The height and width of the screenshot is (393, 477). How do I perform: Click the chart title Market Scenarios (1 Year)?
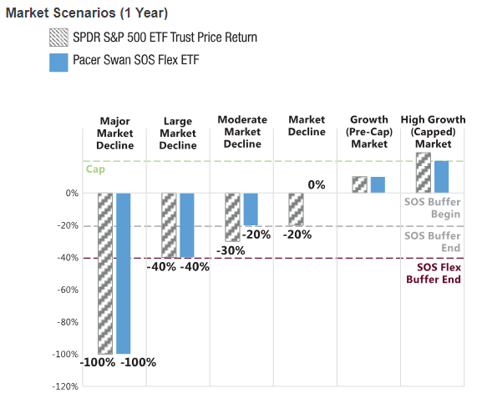87,13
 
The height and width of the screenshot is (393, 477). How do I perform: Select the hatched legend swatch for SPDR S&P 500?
58,38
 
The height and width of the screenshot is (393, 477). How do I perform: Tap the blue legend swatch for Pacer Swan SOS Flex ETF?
58,63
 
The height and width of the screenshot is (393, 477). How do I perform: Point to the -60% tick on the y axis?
68,290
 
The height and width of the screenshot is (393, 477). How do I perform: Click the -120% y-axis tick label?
65,386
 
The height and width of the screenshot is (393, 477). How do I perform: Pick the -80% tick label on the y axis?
68,322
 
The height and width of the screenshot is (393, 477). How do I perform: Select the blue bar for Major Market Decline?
124,273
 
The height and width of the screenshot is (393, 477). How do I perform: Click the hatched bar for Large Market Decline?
169,225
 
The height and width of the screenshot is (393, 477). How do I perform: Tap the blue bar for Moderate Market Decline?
251,209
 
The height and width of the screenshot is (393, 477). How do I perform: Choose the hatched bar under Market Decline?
296,209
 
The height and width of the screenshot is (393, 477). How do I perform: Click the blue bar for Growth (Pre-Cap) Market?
378,184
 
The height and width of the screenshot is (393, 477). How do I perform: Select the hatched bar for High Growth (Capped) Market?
424,173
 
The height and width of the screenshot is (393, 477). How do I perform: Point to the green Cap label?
95,169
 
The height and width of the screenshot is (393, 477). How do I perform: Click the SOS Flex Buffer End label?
434,273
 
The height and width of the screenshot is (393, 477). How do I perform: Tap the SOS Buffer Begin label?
432,208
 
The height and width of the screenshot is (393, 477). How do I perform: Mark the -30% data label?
231,251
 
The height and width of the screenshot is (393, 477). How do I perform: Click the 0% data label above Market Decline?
317,184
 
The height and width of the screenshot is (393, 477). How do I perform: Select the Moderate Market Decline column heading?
242,132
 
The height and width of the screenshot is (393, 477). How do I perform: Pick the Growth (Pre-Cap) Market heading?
369,132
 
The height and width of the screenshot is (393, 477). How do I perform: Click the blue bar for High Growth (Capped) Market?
441,177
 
